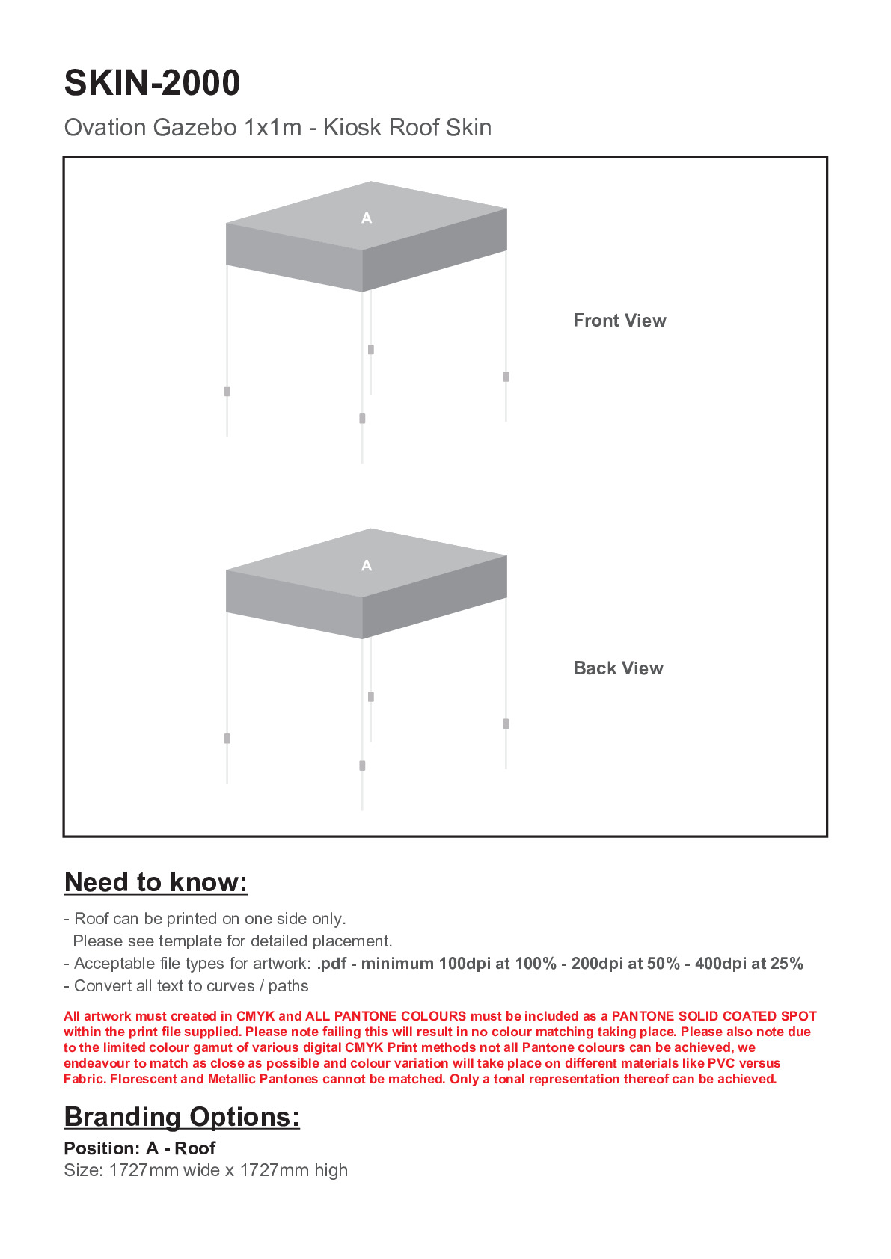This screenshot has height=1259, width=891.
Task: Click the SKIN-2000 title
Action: (152, 83)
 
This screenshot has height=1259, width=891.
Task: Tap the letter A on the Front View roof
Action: (367, 218)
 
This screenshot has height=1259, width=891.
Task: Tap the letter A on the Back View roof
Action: (367, 566)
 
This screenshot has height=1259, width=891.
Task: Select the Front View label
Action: (619, 321)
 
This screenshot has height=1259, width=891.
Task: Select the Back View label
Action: (618, 668)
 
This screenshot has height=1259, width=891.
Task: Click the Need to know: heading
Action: (156, 882)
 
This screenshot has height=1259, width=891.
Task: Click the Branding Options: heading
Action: (182, 1117)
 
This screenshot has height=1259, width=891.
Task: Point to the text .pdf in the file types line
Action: (331, 964)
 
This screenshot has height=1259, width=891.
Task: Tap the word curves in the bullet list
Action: (231, 986)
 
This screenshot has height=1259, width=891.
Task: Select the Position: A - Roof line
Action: (140, 1148)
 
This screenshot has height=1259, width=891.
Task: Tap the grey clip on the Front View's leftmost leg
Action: (227, 391)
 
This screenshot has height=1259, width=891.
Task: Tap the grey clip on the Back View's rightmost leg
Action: (506, 724)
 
